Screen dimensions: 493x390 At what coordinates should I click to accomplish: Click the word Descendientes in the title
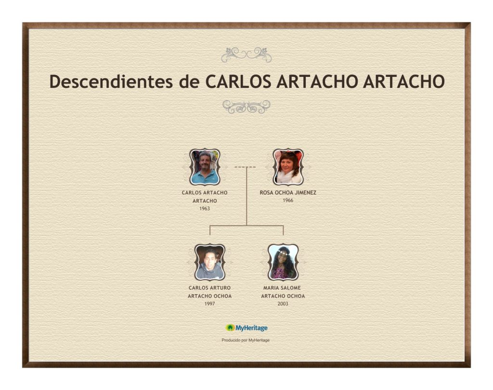point(111,81)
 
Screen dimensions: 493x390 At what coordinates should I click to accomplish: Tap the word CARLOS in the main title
point(238,81)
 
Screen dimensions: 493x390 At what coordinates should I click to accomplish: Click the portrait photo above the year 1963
point(205,167)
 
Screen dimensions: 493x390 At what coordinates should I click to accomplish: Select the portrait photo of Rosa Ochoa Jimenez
point(288,167)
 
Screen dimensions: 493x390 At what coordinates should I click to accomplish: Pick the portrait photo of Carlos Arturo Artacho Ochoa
point(210,262)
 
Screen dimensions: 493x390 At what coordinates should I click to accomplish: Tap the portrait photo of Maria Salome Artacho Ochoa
point(283,262)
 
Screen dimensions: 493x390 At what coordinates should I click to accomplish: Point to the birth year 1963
point(205,209)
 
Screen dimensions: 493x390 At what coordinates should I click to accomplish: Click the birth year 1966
point(288,201)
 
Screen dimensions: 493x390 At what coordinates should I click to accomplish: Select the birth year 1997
point(210,303)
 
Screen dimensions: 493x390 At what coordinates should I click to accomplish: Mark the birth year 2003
point(283,303)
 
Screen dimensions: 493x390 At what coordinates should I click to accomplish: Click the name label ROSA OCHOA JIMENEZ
point(288,192)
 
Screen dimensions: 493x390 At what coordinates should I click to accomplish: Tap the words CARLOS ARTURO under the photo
point(210,288)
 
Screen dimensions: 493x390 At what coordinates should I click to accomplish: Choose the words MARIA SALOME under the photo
point(282,288)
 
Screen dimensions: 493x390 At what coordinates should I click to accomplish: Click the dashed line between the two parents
point(245,167)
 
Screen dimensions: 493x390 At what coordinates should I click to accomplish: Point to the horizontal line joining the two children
point(246,226)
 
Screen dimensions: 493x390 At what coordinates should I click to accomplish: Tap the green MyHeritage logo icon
point(230,328)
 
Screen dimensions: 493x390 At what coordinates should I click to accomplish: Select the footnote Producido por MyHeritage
point(246,340)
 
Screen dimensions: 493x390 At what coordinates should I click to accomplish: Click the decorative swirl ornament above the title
point(246,55)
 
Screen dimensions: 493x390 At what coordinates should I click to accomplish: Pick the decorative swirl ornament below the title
point(246,107)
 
